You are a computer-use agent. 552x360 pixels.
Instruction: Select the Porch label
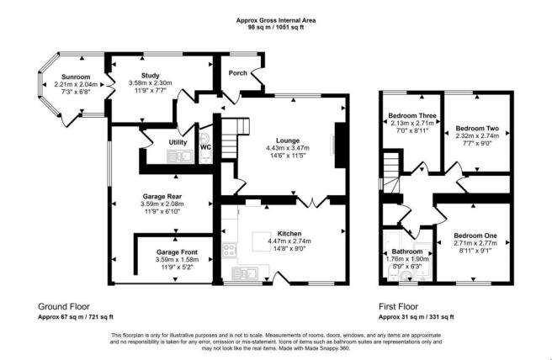click(238, 74)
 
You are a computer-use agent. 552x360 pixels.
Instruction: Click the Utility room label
click(177, 143)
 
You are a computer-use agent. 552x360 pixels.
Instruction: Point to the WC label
click(205, 146)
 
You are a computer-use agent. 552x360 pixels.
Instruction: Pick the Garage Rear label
click(162, 198)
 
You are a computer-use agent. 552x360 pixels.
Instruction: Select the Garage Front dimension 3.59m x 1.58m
click(175, 261)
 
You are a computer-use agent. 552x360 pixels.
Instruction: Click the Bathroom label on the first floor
click(406, 251)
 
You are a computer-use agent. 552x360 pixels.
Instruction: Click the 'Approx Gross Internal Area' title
click(276, 19)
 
